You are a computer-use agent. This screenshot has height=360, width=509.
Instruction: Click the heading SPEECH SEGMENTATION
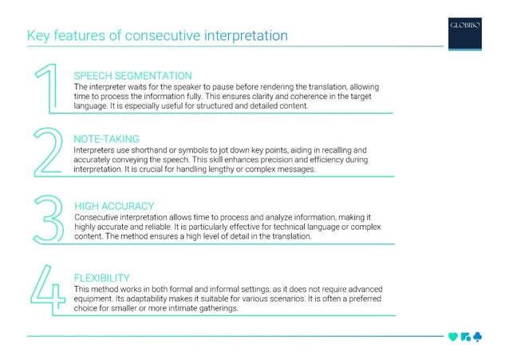(132, 75)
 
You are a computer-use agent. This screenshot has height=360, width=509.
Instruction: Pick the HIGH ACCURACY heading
(113, 206)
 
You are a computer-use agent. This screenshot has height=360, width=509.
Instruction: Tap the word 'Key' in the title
(39, 36)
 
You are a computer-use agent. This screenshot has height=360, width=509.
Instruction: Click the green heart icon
(453, 337)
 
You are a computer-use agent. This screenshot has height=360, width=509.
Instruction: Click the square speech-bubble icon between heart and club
(464, 337)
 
